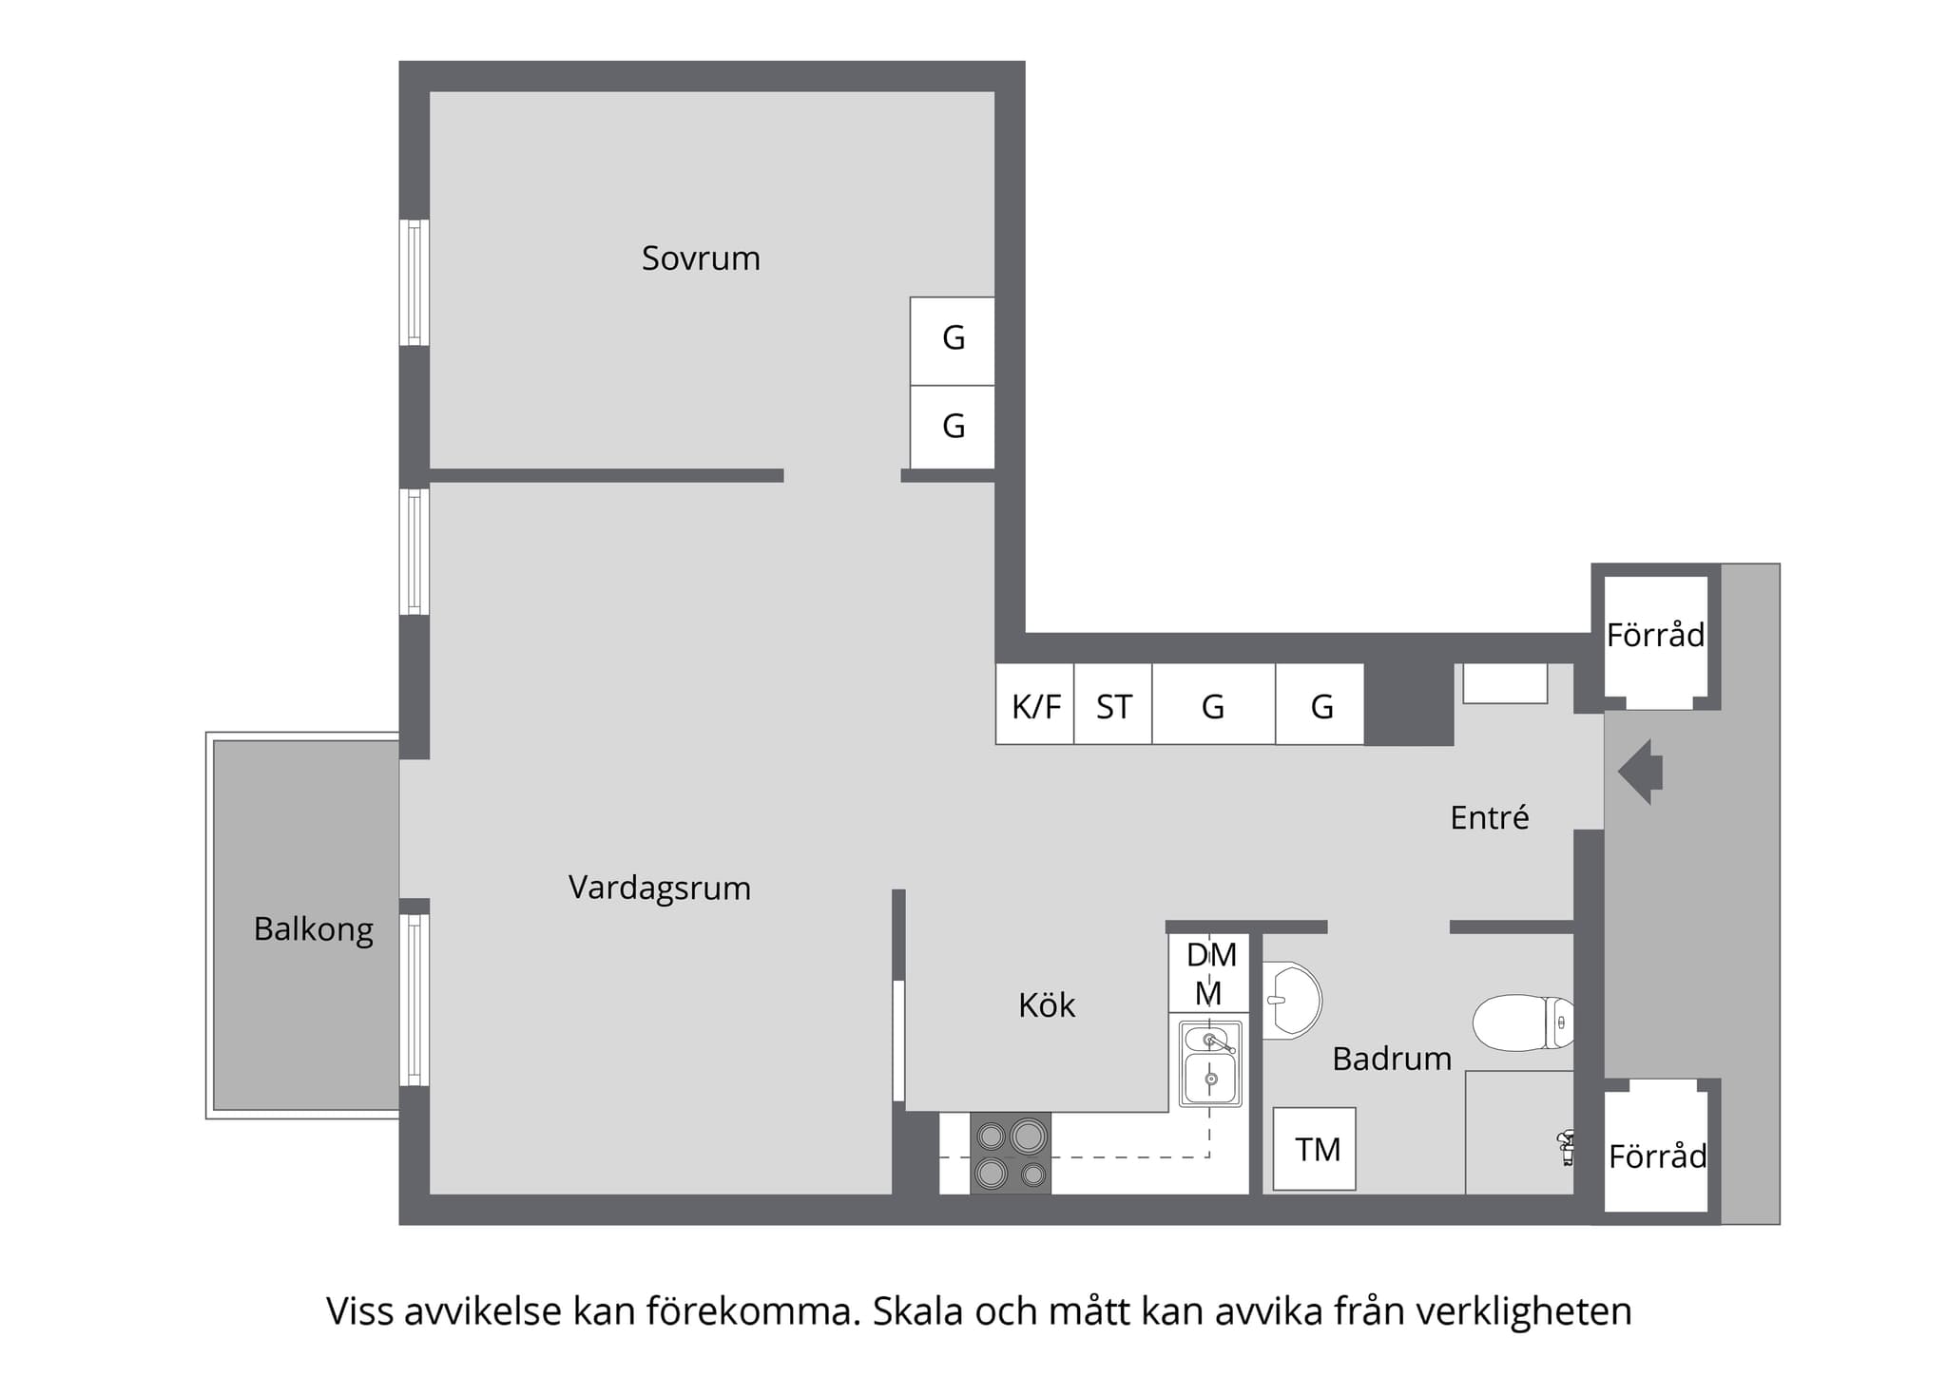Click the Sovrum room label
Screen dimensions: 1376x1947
(701, 258)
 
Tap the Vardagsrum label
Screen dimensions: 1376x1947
(659, 888)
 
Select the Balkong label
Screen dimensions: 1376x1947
(313, 928)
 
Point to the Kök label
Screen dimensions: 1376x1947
(1046, 1005)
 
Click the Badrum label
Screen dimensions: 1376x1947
(1391, 1059)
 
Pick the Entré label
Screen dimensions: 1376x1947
(1489, 817)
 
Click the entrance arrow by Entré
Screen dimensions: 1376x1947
(1640, 772)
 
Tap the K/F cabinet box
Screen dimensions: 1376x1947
(1035, 705)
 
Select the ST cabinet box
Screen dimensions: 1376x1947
(1113, 705)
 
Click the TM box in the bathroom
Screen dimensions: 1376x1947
(1315, 1149)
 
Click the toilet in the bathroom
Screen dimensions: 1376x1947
(1522, 1022)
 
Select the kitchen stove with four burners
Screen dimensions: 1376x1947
(1011, 1153)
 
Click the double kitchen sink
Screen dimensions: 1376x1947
(1210, 1063)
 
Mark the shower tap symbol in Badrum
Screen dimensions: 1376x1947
(1565, 1147)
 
